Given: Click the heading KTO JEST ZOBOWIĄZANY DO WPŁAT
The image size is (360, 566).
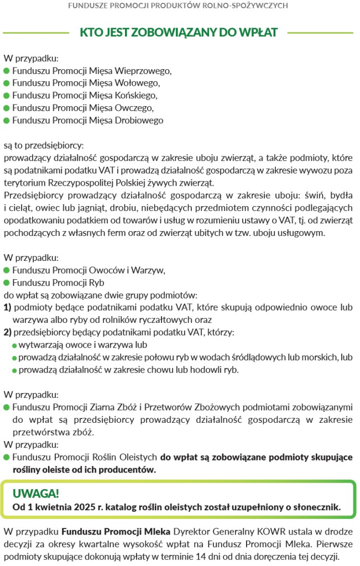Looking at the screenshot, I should [179, 32].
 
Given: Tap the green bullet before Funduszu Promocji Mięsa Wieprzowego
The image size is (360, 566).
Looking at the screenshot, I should [7, 71].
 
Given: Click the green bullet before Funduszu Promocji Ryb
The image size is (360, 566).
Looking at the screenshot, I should [7, 282].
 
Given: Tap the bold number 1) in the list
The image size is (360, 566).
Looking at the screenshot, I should [8, 307].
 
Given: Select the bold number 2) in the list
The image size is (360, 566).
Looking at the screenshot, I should [8, 332].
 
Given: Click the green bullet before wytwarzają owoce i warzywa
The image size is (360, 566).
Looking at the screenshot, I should [15, 345].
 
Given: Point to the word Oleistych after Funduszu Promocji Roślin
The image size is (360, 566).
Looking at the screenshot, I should [139, 458].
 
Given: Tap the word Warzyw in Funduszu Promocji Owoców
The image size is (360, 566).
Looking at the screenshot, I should [150, 270].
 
